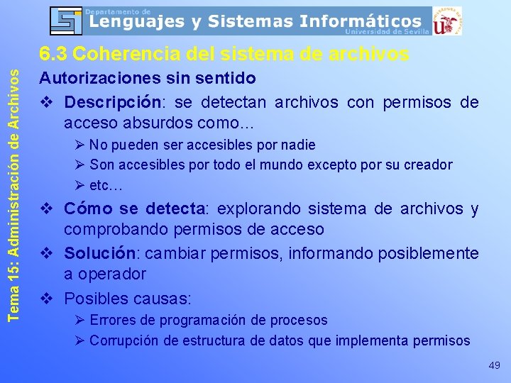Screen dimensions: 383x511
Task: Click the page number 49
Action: [494, 365]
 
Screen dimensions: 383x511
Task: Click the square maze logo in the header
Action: [67, 21]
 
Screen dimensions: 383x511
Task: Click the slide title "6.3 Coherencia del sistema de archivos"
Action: [224, 54]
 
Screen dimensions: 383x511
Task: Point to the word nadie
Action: [298, 145]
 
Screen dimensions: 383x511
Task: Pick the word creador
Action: [428, 165]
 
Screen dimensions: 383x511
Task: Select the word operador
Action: [112, 274]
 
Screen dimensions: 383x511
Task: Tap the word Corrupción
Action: [125, 340]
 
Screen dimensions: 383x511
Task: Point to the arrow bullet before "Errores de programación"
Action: [80, 321]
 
